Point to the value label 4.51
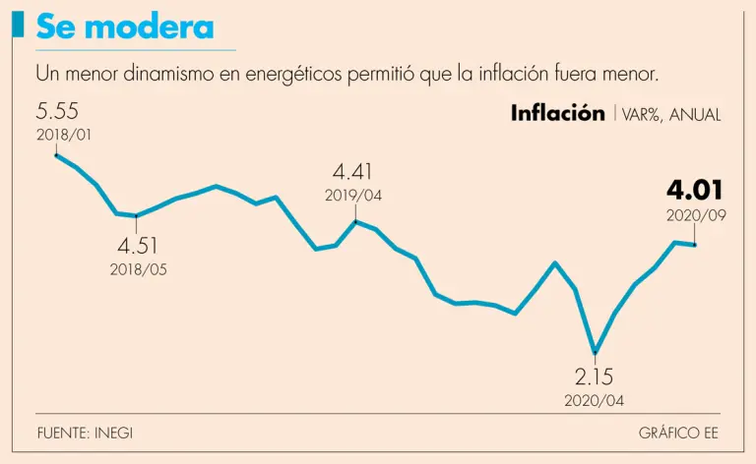click(138, 246)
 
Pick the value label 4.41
click(353, 173)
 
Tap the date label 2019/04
click(353, 196)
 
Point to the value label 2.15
click(595, 377)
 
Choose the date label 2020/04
click(595, 400)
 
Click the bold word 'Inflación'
click(557, 113)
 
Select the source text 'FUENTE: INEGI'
click(85, 433)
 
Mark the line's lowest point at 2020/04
click(595, 351)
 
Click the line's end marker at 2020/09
click(696, 244)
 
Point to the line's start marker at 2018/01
click(57, 154)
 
